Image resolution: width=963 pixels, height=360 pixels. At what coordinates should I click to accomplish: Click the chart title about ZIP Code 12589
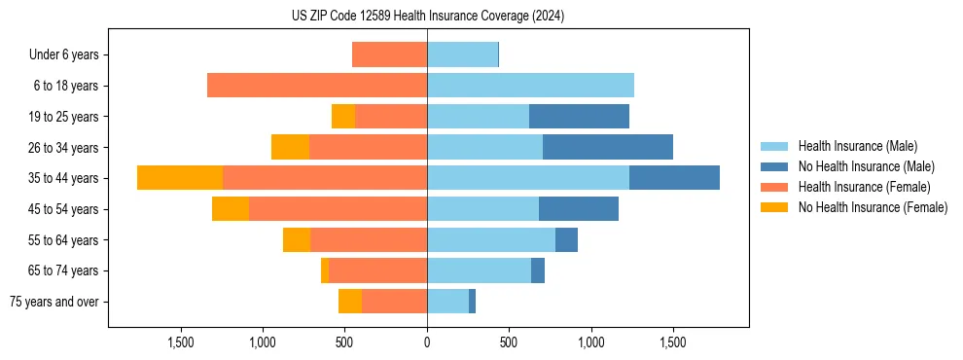pos(428,17)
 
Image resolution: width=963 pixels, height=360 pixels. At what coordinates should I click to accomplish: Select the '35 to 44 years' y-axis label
pos(63,178)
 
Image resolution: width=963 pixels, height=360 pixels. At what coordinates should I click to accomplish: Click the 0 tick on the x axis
pos(427,342)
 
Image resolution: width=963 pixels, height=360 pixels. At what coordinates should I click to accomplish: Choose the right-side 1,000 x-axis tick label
pos(591,342)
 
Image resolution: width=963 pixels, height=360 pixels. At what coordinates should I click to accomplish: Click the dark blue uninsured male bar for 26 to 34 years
pos(608,147)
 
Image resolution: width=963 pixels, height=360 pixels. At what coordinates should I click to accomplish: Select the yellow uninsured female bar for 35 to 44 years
pos(180,178)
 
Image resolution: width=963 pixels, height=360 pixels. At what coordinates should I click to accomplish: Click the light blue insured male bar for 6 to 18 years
pos(530,86)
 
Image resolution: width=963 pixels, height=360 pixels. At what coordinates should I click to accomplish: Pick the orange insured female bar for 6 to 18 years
pos(317,86)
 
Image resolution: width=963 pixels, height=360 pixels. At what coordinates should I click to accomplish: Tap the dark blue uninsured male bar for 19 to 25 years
pos(579,117)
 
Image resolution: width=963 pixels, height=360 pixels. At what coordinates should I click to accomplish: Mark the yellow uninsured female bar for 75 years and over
pos(350,302)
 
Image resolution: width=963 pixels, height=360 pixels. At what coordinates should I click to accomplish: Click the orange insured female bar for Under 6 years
pos(389,54)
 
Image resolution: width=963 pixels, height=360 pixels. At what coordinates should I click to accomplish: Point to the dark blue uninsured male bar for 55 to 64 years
pos(566,239)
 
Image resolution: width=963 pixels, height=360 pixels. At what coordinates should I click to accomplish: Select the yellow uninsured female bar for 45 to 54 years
pos(231,209)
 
